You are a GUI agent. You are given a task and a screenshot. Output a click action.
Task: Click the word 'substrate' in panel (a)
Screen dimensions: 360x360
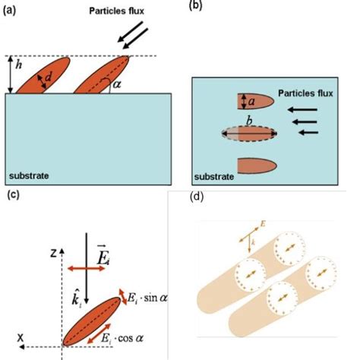29,175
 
